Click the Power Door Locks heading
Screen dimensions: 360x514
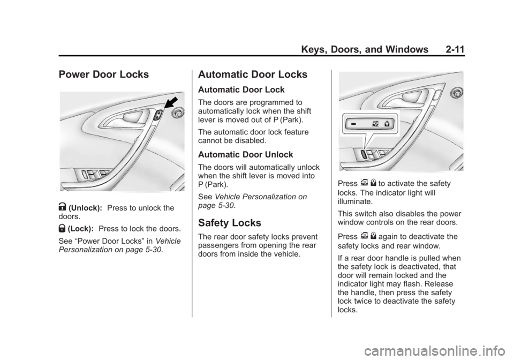[x=100, y=75]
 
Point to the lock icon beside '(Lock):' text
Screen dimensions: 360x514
[x=62, y=228]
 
